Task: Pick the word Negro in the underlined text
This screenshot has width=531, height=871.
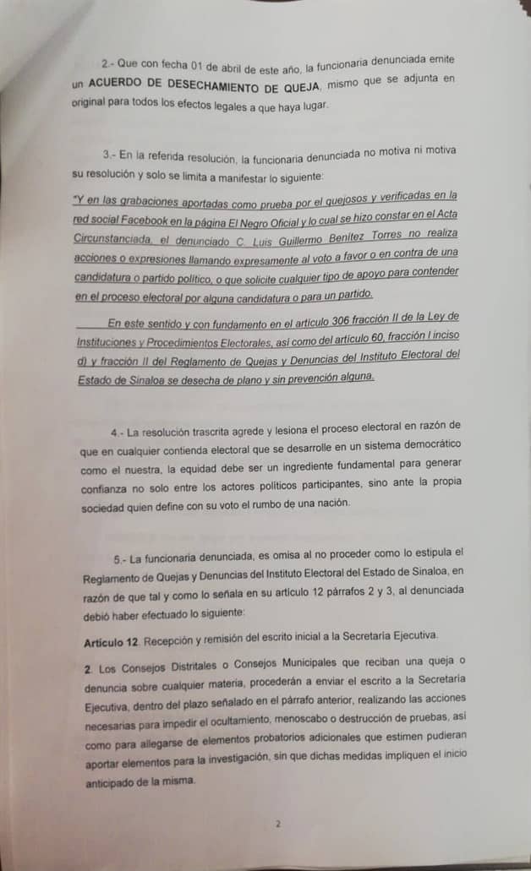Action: coord(263,218)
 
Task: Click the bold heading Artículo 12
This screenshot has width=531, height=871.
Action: coord(116,634)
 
